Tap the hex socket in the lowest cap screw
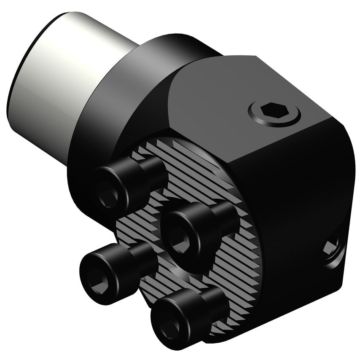[170, 324]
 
